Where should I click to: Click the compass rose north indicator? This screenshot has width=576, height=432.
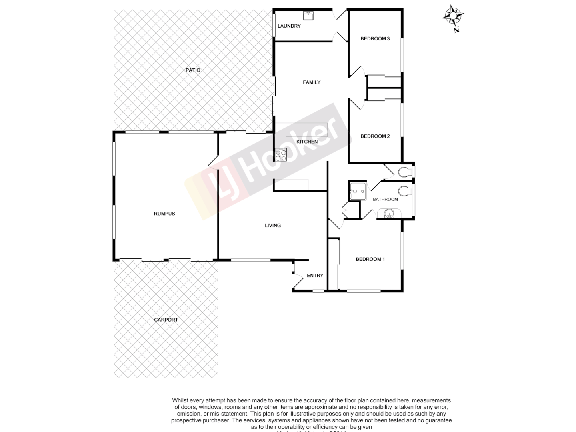click(453, 17)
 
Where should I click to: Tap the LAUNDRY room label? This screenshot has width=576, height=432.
click(289, 26)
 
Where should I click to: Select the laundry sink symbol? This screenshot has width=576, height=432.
click(308, 16)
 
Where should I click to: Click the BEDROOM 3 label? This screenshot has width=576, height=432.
click(375, 39)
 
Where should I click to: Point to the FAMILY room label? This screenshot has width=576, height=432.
click(311, 82)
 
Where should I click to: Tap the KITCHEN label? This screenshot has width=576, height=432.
click(307, 142)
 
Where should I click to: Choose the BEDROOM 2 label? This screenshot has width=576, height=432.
click(375, 136)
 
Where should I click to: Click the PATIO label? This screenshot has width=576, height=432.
click(193, 70)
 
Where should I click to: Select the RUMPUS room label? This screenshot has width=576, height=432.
click(164, 214)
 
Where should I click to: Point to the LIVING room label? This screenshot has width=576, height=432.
click(273, 226)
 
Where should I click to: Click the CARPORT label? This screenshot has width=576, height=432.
click(166, 320)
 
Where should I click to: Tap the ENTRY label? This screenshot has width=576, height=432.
click(315, 276)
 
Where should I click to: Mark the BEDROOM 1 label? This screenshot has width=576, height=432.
click(370, 259)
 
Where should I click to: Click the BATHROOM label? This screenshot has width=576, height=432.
click(385, 200)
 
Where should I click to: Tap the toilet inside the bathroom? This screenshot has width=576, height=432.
click(404, 191)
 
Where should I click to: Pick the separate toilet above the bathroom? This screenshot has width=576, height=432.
click(404, 172)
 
